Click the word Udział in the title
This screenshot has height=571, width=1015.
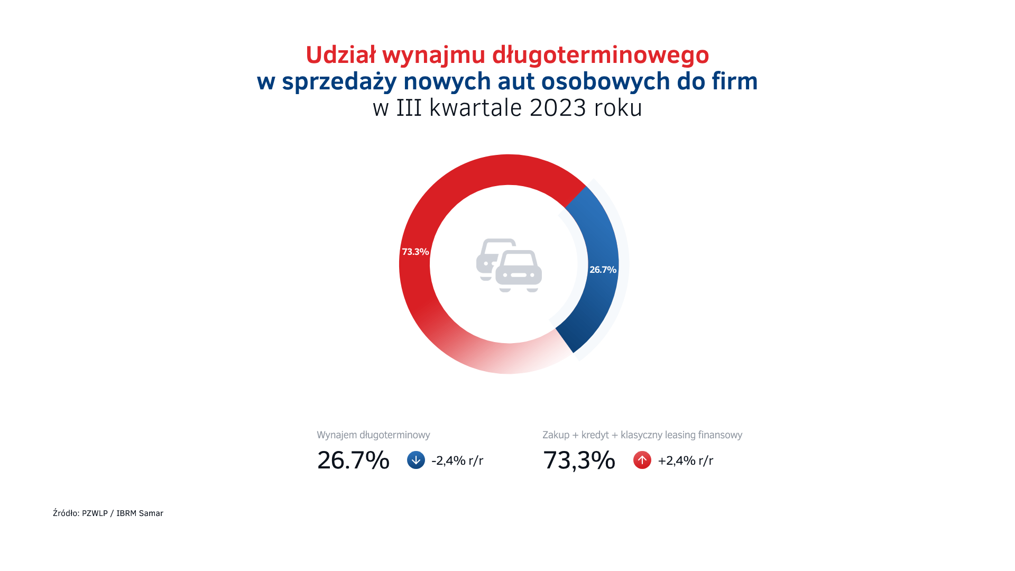pyautogui.click(x=340, y=55)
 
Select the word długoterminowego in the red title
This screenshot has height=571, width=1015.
pyautogui.click(x=601, y=55)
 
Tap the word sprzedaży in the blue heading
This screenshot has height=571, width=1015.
pyautogui.click(x=339, y=81)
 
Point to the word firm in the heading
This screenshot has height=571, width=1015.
pyautogui.click(x=735, y=81)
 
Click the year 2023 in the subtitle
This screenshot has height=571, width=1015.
pyautogui.click(x=558, y=108)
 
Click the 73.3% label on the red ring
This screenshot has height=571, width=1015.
pyautogui.click(x=415, y=252)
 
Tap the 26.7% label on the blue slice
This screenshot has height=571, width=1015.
pyautogui.click(x=603, y=270)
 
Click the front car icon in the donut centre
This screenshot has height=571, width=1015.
pyautogui.click(x=519, y=271)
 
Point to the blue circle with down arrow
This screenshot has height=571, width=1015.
pyautogui.click(x=416, y=460)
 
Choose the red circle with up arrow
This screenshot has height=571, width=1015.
pyautogui.click(x=642, y=460)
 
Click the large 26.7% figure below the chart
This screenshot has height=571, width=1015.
pyautogui.click(x=353, y=460)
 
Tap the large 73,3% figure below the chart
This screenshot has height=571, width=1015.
pyautogui.click(x=579, y=460)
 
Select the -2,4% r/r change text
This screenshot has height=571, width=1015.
pyautogui.click(x=457, y=461)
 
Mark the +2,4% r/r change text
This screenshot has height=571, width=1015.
pyautogui.click(x=685, y=461)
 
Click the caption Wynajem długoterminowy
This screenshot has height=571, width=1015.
pyautogui.click(x=373, y=435)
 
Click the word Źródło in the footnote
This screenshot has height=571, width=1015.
pyautogui.click(x=66, y=513)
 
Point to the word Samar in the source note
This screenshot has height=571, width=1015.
pyautogui.click(x=151, y=513)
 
